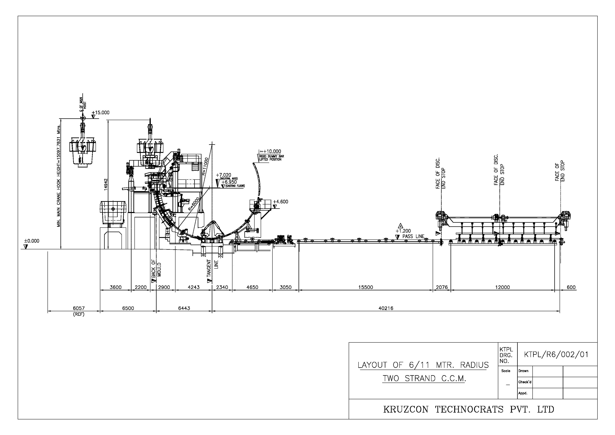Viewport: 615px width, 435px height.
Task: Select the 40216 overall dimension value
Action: point(386,308)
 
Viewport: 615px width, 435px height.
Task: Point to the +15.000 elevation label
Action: point(100,113)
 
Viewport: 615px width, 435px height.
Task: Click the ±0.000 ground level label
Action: point(32,241)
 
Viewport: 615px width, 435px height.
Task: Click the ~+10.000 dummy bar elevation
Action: point(270,152)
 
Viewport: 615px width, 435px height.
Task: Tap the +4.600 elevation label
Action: point(281,202)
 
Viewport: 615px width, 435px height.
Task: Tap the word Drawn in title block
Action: point(523,371)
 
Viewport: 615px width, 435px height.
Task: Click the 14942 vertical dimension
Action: point(106,184)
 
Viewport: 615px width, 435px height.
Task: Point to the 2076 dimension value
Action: point(442,287)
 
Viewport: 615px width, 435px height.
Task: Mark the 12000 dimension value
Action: point(502,287)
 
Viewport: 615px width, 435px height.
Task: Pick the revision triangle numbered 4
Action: point(400,225)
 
